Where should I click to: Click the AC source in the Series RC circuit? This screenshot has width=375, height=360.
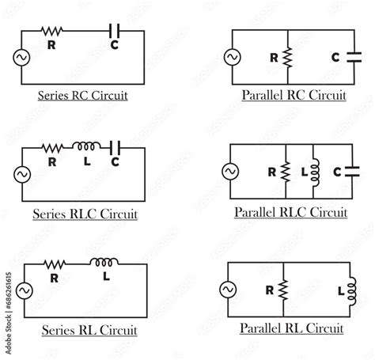click(x=21, y=57)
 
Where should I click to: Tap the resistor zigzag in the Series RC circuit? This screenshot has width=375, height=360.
click(x=54, y=31)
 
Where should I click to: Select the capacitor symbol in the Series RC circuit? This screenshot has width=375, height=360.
click(x=114, y=31)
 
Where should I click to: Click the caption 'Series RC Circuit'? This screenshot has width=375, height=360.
click(x=83, y=97)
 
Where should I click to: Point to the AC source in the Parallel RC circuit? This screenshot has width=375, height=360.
click(x=232, y=58)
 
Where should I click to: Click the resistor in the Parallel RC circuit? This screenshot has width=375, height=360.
click(x=287, y=58)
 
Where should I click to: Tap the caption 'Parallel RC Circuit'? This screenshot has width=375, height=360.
click(x=294, y=97)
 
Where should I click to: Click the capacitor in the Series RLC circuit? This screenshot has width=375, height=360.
click(x=116, y=146)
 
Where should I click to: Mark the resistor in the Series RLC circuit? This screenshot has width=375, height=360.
click(x=53, y=146)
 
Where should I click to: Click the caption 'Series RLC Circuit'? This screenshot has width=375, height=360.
click(x=85, y=214)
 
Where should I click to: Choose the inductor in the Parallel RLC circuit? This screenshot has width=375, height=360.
click(x=314, y=172)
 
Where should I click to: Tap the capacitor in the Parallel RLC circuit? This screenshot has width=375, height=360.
click(x=350, y=172)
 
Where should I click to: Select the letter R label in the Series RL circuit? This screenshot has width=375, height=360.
click(x=54, y=279)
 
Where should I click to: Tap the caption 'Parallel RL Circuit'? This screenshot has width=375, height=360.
click(x=292, y=328)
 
